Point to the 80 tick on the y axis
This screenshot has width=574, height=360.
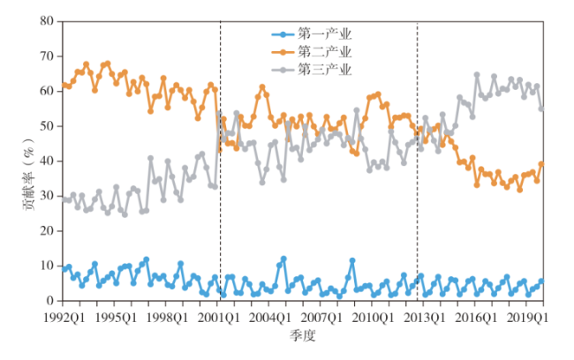click(x=46, y=20)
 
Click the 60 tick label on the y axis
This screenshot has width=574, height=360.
click(x=46, y=91)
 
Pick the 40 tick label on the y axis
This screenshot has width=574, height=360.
click(x=46, y=161)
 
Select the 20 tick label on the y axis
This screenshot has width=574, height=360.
click(x=46, y=231)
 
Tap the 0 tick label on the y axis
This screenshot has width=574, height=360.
click(x=49, y=301)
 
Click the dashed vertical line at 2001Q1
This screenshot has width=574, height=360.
click(x=220, y=221)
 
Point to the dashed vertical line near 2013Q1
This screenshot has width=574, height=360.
click(x=417, y=221)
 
